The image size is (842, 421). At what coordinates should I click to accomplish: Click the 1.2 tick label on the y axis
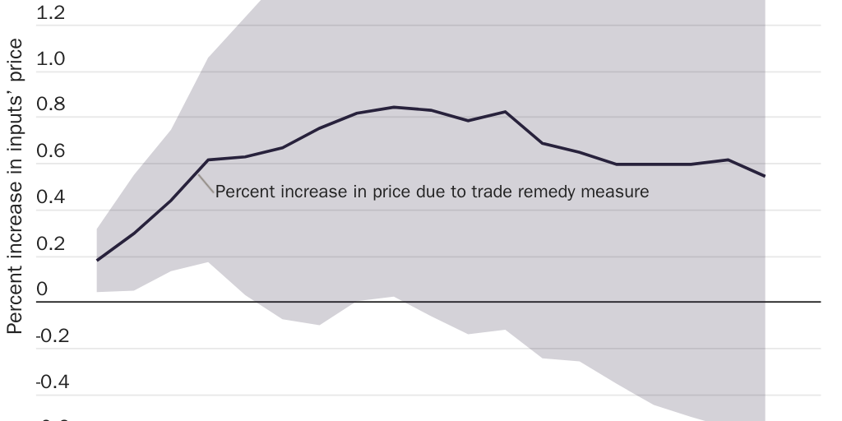click(x=51, y=15)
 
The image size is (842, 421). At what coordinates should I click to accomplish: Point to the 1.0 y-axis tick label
click(x=51, y=61)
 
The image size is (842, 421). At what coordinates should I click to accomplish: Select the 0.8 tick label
click(x=51, y=107)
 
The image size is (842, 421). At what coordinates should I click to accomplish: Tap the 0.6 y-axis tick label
click(x=51, y=153)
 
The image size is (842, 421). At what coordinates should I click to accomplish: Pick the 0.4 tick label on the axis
click(x=51, y=199)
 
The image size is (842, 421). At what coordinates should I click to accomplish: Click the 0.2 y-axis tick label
click(x=51, y=245)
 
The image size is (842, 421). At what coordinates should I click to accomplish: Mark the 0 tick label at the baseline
click(x=42, y=291)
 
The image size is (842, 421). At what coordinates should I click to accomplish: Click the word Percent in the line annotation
click(x=241, y=192)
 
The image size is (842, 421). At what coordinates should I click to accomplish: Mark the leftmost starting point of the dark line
click(x=98, y=260)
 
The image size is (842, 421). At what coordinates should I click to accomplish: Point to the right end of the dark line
click(x=765, y=176)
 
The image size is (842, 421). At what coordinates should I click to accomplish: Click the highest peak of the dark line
click(x=394, y=107)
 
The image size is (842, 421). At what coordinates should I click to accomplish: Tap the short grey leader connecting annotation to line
click(x=208, y=182)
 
